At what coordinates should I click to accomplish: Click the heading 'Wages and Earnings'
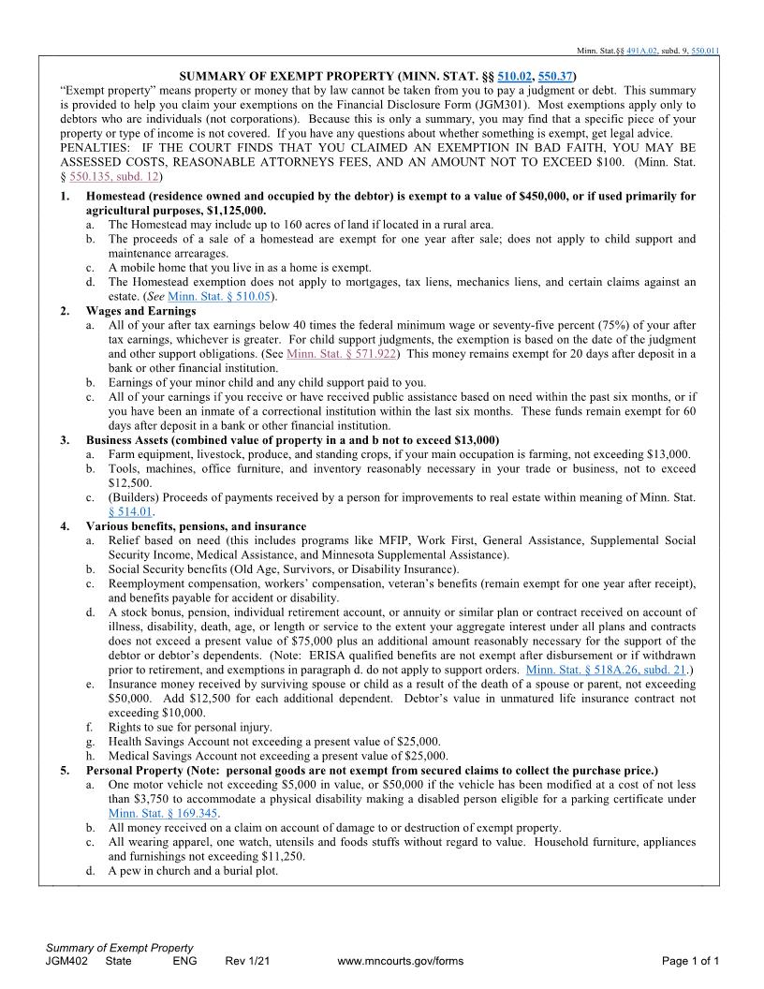click(x=140, y=310)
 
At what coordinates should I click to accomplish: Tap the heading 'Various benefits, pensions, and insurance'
click(x=196, y=526)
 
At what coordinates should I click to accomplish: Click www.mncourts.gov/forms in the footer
click(x=400, y=961)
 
